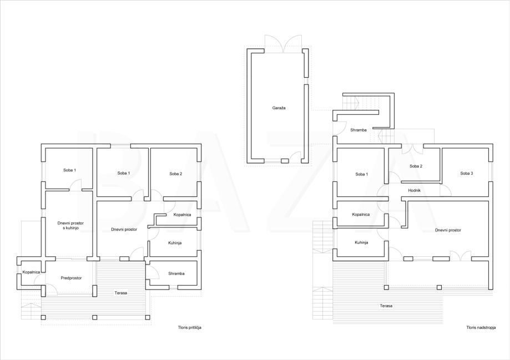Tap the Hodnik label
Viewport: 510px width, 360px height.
414,190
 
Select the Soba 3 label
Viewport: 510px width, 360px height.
466,174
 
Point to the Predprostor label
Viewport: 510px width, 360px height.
71,278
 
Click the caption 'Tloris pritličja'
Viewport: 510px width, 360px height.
185,328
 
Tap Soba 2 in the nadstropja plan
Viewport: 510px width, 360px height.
416,166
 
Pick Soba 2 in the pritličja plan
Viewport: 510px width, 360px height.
175,174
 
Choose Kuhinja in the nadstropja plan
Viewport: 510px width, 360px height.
361,242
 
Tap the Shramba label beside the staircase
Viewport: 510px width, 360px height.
358,130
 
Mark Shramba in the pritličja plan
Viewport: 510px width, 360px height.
176,273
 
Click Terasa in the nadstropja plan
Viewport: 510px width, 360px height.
386,306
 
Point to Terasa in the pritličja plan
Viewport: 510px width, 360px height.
121,292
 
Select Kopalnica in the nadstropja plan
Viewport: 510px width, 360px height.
361,214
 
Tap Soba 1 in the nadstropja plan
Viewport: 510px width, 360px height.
361,174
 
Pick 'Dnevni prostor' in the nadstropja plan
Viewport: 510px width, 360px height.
448,230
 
